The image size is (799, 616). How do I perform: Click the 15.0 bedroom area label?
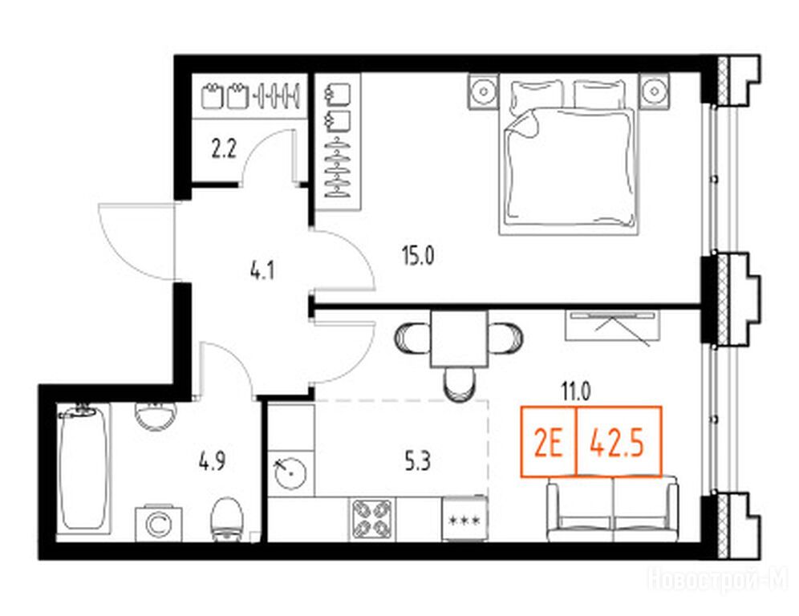[x=418, y=257]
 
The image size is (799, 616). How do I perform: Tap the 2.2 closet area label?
[x=224, y=150]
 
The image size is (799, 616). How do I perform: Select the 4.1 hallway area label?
[x=262, y=272]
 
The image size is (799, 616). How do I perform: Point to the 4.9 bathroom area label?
[x=212, y=463]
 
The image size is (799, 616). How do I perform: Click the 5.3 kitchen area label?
[x=417, y=463]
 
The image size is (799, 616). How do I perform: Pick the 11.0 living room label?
[x=576, y=392]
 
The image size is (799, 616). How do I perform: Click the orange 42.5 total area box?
[x=619, y=442]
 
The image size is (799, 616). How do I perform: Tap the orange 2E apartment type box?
[x=548, y=442]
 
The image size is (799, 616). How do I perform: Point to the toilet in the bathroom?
[x=226, y=519]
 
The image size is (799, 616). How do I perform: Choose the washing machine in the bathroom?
[x=159, y=524]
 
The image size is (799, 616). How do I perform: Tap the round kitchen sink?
[x=290, y=472]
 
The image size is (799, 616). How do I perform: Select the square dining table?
[x=459, y=338]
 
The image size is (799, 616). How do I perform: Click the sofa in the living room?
[x=613, y=510]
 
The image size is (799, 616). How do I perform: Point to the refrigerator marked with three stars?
[x=464, y=519]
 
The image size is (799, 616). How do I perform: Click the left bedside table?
[x=483, y=91]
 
